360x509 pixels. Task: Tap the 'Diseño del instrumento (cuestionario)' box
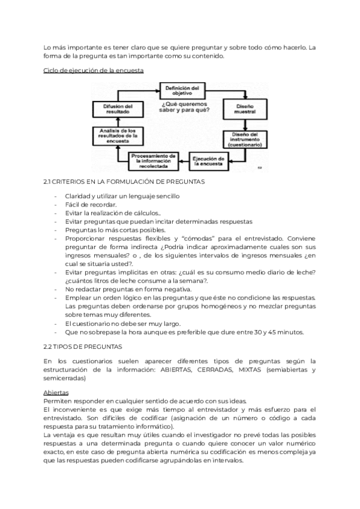coord(244,139)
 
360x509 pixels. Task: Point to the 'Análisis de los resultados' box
coord(114,136)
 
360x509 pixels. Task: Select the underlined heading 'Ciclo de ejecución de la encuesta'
coord(93,71)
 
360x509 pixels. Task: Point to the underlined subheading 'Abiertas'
coord(56,392)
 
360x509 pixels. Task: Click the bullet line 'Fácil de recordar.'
coord(91,205)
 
